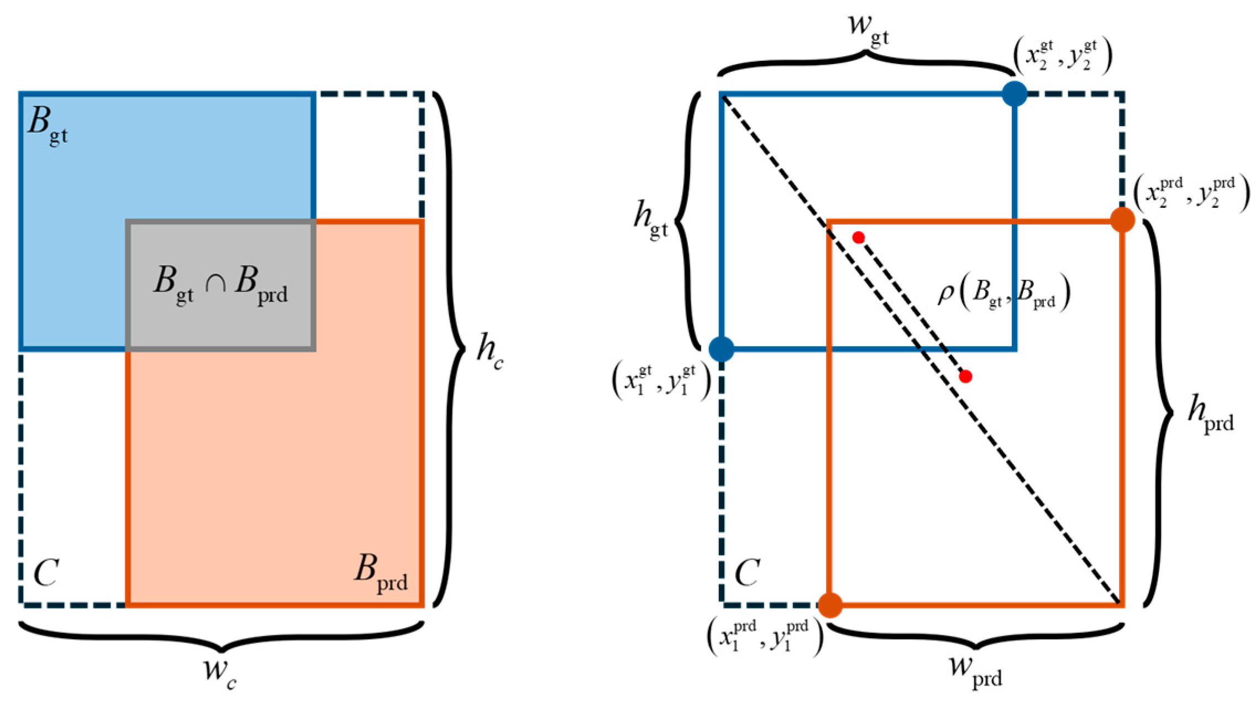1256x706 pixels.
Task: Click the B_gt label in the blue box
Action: pyautogui.click(x=48, y=124)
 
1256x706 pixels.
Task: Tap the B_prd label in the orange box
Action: pyautogui.click(x=381, y=573)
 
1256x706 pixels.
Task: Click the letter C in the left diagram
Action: pyautogui.click(x=46, y=572)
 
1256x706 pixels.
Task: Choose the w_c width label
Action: pyautogui.click(x=220, y=672)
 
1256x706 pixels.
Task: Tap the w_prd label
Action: pyautogui.click(x=975, y=670)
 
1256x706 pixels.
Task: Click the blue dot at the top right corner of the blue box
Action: pyautogui.click(x=1015, y=93)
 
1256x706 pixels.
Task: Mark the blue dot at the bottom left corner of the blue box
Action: pyautogui.click(x=722, y=349)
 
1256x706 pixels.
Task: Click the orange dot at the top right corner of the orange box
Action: pyautogui.click(x=1122, y=220)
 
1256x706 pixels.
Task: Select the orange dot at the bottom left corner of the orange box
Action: pyautogui.click(x=830, y=605)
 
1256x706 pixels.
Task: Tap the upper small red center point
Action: pyautogui.click(x=858, y=237)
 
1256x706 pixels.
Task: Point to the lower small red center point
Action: pyautogui.click(x=965, y=376)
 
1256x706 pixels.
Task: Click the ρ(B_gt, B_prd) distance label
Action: pyautogui.click(x=1003, y=293)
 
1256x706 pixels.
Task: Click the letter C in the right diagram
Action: pyautogui.click(x=747, y=572)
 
